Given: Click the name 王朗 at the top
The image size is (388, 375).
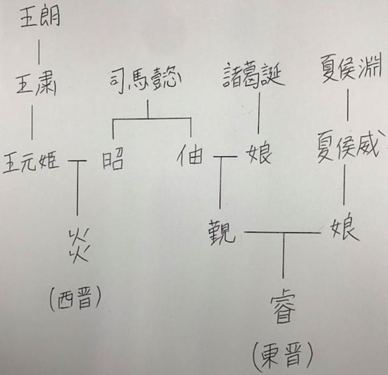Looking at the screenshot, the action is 40,17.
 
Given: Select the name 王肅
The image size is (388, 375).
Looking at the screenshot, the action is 36,84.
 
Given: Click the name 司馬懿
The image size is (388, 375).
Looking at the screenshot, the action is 145,79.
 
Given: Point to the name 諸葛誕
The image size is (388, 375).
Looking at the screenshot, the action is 254,75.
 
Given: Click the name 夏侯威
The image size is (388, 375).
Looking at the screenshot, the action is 348,146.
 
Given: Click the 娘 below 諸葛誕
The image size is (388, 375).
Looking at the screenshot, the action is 259,153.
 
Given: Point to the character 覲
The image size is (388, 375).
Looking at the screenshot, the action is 221,232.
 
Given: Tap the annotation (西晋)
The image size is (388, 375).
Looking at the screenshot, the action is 75,298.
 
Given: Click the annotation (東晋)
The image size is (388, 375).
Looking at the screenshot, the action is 283,356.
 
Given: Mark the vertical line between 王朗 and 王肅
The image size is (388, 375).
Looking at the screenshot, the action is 38,52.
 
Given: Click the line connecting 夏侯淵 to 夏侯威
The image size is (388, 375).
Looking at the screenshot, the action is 348,105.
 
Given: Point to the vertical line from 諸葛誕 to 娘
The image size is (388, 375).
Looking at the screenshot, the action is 259,113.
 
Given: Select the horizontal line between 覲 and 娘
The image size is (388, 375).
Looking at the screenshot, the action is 282,233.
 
